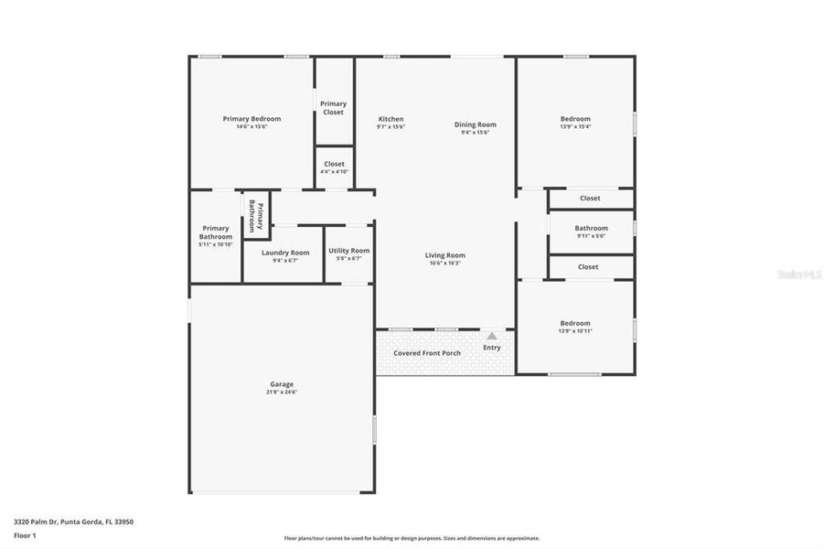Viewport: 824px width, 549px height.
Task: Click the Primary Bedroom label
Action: pos(251,119)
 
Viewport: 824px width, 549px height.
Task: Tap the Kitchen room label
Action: pos(391,119)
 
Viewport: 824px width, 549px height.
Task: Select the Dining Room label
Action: pos(475,124)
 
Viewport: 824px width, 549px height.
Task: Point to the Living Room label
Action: pos(444,255)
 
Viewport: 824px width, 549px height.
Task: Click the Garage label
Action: pos(282,384)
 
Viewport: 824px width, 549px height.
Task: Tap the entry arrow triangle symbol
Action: pos(492,337)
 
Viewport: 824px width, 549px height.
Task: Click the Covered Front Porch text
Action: pos(427,353)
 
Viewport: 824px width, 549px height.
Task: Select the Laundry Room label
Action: pos(285,253)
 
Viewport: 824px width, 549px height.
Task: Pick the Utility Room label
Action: pos(348,251)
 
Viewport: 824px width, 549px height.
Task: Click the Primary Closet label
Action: pos(333,108)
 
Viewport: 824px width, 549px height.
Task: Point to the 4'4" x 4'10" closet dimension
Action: pos(334,172)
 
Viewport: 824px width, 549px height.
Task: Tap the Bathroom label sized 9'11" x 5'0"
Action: pos(591,228)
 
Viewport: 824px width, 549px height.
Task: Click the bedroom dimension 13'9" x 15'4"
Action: pos(575,127)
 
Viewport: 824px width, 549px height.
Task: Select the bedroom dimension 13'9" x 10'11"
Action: pos(575,331)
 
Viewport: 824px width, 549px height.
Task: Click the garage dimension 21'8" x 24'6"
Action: pos(282,393)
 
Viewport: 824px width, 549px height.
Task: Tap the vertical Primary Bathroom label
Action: pos(255,217)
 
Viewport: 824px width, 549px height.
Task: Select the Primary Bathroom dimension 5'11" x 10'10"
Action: pos(216,244)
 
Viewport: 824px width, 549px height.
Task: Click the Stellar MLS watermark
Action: pos(798,274)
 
